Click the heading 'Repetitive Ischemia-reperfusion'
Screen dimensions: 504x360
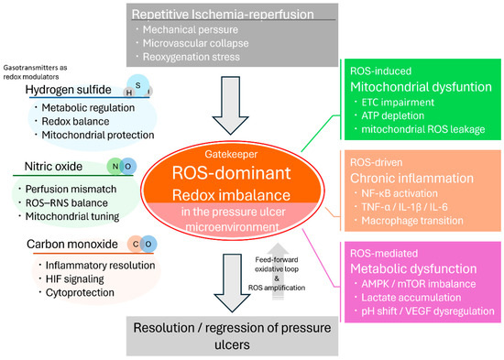[223, 15]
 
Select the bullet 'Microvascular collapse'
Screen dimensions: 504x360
[195, 43]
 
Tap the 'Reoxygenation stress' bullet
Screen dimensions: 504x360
[192, 57]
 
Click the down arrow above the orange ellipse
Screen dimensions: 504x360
[230, 105]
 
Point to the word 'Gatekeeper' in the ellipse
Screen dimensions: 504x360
[231, 154]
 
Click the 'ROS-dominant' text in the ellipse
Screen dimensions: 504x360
[232, 173]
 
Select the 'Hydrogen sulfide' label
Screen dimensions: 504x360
[68, 90]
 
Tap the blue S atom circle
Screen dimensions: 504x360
[138, 85]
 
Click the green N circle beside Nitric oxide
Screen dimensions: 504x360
[115, 167]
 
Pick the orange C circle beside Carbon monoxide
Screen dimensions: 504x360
[136, 245]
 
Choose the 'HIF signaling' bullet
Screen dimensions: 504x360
[75, 279]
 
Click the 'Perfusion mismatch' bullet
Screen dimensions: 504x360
[71, 189]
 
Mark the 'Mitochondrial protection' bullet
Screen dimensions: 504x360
[98, 135]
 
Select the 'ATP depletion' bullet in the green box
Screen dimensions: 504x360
[393, 115]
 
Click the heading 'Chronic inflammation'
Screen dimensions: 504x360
[411, 178]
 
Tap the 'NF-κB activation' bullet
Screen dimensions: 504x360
[400, 193]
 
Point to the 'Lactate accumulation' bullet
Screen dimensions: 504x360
[411, 298]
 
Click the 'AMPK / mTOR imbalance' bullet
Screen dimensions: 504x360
[419, 284]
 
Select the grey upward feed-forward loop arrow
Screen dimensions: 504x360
[278, 271]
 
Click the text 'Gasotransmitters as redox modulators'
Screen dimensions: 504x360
[35, 72]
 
